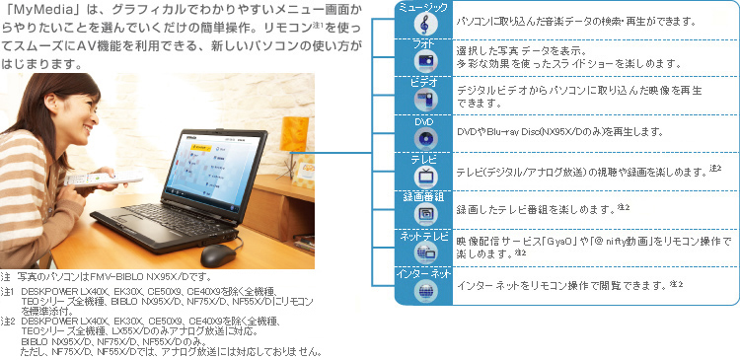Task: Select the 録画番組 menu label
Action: (x=422, y=196)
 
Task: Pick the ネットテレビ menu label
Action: (x=422, y=237)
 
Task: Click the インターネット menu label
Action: (x=422, y=273)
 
